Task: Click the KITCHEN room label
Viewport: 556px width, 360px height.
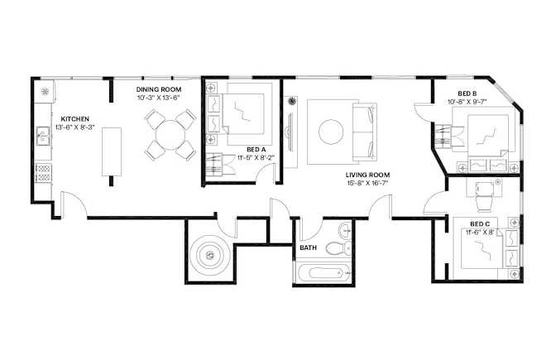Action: point(74,119)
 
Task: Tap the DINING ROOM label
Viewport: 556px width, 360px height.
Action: point(159,89)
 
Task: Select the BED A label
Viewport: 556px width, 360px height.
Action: point(256,150)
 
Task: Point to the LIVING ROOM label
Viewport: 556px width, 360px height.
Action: point(367,175)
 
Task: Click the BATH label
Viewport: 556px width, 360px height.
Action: point(308,247)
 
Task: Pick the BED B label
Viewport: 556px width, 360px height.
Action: point(467,94)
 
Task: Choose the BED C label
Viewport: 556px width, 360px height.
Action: point(480,224)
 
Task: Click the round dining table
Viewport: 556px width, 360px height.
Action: point(170,135)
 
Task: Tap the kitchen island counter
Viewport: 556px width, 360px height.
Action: point(112,151)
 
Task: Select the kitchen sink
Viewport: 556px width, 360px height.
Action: point(44,136)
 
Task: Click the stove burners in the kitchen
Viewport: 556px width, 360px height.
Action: point(44,172)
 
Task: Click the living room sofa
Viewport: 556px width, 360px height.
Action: point(365,132)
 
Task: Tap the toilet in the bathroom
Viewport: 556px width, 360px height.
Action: point(338,248)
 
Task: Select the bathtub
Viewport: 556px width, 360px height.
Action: point(323,273)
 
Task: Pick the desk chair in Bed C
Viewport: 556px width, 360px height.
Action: point(484,197)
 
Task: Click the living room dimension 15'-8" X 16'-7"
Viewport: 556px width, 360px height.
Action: point(367,183)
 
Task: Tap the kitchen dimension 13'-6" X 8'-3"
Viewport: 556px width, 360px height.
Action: point(74,127)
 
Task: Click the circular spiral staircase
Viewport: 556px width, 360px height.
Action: point(210,254)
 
